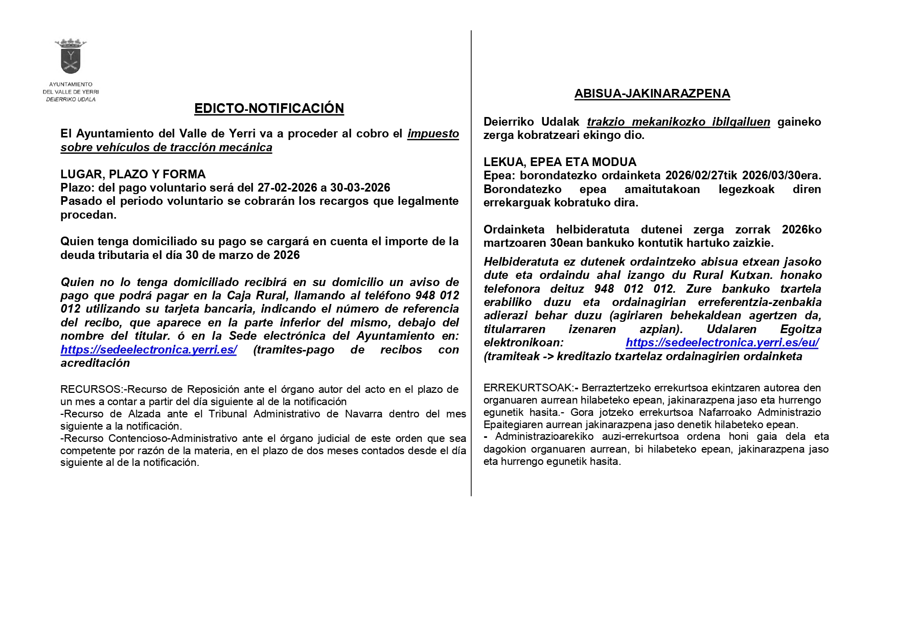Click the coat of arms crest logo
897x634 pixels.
click(x=71, y=56)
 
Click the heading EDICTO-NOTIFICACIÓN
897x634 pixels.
click(x=269, y=108)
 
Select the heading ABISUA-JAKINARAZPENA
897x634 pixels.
click(x=652, y=93)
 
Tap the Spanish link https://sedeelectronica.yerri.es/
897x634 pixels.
click(x=148, y=350)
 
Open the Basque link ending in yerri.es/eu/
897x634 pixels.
click(x=722, y=343)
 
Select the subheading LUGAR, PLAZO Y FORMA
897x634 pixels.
click(x=133, y=174)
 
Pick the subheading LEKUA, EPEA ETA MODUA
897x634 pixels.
click(x=560, y=162)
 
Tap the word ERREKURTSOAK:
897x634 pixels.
click(x=528, y=388)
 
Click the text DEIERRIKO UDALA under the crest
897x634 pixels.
click(x=71, y=99)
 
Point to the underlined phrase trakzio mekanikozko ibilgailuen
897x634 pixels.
click(x=678, y=122)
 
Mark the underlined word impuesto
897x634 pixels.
click(x=433, y=134)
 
